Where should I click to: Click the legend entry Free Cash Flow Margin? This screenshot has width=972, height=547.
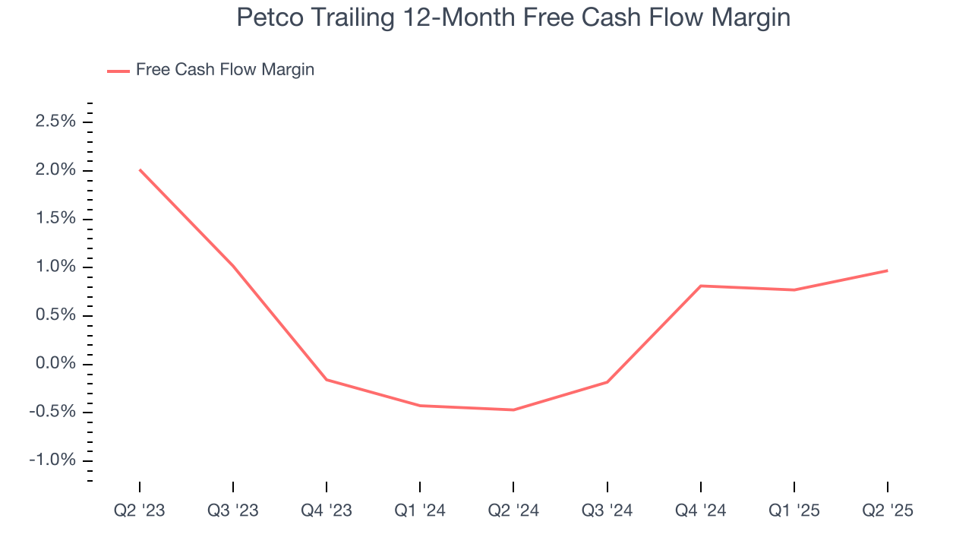[x=225, y=70]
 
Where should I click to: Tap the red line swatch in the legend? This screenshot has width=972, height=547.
[x=118, y=71]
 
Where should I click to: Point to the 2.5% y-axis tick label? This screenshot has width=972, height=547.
[x=55, y=122]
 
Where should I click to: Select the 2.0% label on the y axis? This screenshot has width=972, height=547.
[x=55, y=170]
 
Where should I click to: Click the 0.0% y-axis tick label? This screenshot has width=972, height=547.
[x=55, y=364]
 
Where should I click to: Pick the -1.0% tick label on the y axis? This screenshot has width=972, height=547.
[x=53, y=460]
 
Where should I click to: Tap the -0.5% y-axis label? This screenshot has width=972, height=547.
[x=53, y=413]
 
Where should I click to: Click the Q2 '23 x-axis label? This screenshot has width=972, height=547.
[x=140, y=511]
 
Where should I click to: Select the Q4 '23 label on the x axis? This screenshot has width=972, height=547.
[x=327, y=511]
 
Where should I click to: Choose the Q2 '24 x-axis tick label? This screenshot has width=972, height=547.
[x=513, y=511]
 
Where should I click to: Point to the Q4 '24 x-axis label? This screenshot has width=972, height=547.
[x=700, y=511]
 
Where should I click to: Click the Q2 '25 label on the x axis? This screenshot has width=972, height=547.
[x=887, y=511]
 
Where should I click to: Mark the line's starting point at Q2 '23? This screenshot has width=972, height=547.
[x=140, y=169]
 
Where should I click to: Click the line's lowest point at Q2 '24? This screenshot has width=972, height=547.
[x=513, y=410]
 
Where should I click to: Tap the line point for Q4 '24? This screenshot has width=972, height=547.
[x=700, y=286]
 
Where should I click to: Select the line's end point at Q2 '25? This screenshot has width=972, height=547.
[x=887, y=270]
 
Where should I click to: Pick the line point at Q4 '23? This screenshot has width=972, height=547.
[x=327, y=379]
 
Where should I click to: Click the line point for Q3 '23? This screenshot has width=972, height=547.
[x=233, y=266]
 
